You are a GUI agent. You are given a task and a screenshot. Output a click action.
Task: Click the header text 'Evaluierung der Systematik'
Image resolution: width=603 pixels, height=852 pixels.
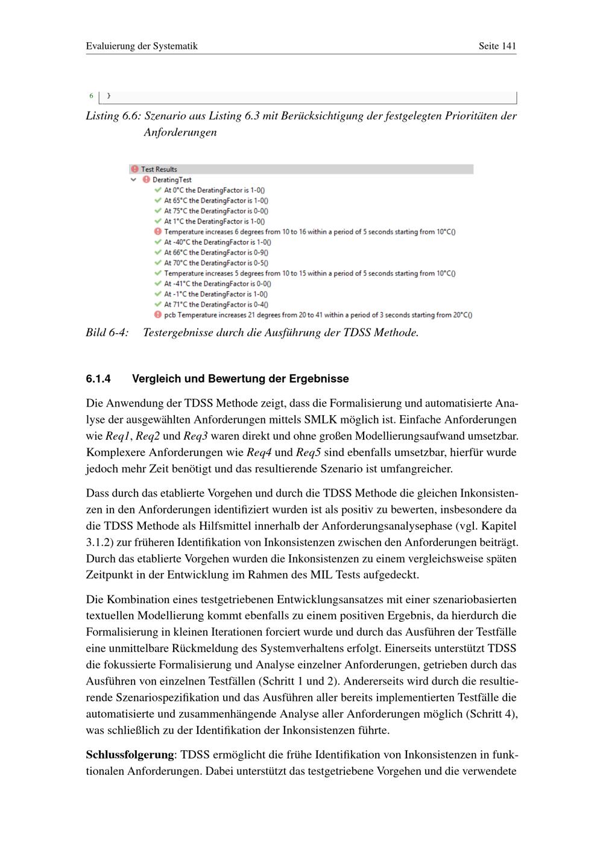pos(142,46)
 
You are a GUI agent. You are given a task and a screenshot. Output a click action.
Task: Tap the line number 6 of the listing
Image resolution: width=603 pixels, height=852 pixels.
pos(92,96)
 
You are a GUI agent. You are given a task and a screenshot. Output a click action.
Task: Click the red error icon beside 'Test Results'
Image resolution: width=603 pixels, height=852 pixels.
pos(134,169)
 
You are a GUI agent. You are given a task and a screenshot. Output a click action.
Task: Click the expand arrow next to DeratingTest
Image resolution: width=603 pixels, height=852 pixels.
pos(134,180)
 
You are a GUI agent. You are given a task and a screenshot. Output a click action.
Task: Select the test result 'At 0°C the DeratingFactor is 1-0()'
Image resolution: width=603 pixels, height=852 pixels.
pos(215,190)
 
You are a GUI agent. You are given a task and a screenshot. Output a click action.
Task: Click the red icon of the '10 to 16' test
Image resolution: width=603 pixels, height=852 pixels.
pos(158,231)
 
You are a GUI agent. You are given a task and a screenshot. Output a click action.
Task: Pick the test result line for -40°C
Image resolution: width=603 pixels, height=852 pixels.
pos(217,242)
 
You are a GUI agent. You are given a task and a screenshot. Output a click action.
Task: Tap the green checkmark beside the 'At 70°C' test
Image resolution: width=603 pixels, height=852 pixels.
pos(158,263)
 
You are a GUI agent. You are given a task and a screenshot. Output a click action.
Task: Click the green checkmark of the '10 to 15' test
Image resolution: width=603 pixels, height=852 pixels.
pos(158,273)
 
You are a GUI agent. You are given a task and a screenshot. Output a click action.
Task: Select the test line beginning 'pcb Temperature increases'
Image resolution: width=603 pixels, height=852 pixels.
pos(318,315)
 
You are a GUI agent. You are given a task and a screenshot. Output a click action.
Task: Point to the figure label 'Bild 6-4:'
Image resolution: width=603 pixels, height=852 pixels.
pos(107,333)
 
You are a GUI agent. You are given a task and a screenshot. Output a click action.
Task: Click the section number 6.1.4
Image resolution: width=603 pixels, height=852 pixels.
pos(99,379)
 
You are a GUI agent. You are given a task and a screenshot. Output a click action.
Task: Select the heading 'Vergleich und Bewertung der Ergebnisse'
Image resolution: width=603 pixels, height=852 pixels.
pos(240,379)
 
